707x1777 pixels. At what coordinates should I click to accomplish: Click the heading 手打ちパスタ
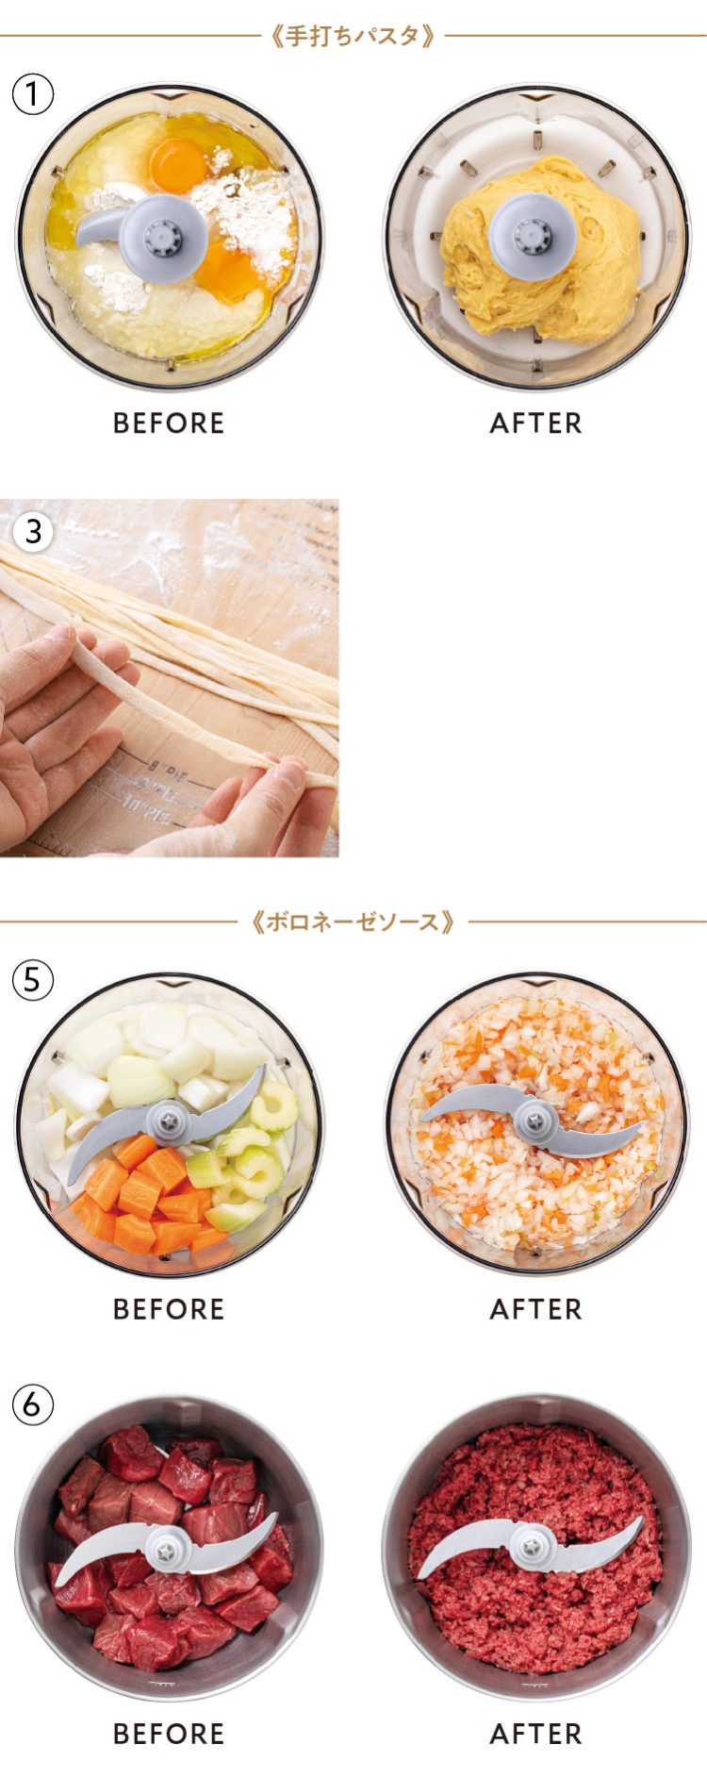(x=353, y=36)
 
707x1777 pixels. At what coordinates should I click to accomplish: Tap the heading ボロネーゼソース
(x=353, y=921)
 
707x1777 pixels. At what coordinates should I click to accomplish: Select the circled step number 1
(x=33, y=94)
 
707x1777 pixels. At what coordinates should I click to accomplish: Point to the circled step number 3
(x=33, y=530)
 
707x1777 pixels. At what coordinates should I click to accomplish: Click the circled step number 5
(x=33, y=980)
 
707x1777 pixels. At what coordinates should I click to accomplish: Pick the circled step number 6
(x=33, y=1404)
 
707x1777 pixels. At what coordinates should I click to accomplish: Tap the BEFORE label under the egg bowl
(x=169, y=423)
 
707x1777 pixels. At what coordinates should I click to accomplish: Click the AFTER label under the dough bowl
(x=535, y=423)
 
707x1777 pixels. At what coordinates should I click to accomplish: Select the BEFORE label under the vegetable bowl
(x=169, y=1309)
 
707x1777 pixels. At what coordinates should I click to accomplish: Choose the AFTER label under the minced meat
(x=535, y=1734)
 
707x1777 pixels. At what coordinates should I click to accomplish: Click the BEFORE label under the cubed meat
(x=169, y=1734)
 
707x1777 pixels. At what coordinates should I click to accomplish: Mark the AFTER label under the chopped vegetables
(x=535, y=1309)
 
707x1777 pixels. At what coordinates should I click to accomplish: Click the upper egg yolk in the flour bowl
(x=178, y=164)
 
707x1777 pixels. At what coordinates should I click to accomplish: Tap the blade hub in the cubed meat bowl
(x=167, y=1550)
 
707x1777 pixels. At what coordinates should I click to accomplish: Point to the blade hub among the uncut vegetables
(x=170, y=1121)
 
